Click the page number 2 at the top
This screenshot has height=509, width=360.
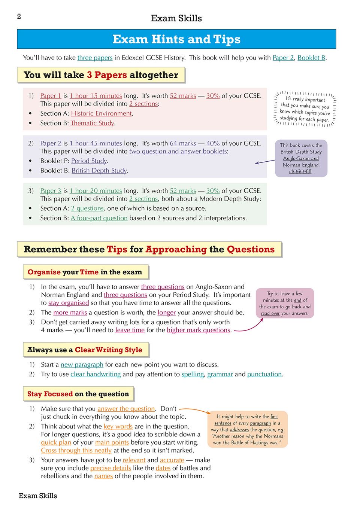click(x=19, y=16)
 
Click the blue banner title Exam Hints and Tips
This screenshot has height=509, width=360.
click(x=176, y=39)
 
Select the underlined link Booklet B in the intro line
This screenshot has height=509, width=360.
click(x=311, y=58)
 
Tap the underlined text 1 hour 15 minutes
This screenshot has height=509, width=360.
click(x=96, y=96)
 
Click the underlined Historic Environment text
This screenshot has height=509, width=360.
click(x=101, y=113)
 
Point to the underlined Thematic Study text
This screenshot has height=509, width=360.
click(x=92, y=123)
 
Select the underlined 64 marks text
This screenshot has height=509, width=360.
click(x=183, y=143)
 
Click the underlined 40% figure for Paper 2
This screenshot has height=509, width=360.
click(x=213, y=143)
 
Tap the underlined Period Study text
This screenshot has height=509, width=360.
click(x=89, y=161)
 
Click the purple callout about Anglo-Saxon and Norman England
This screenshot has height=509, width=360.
click(x=301, y=158)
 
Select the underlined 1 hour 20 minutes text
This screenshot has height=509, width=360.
click(x=96, y=191)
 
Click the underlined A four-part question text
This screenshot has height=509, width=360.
click(x=99, y=218)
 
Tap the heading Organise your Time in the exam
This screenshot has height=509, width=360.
click(x=85, y=272)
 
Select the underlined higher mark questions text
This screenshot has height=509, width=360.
click(x=198, y=330)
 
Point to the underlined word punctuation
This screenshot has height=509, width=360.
click(x=264, y=374)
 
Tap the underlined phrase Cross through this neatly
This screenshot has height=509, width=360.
click(x=76, y=450)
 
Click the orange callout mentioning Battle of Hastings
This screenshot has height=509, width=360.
click(x=247, y=429)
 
